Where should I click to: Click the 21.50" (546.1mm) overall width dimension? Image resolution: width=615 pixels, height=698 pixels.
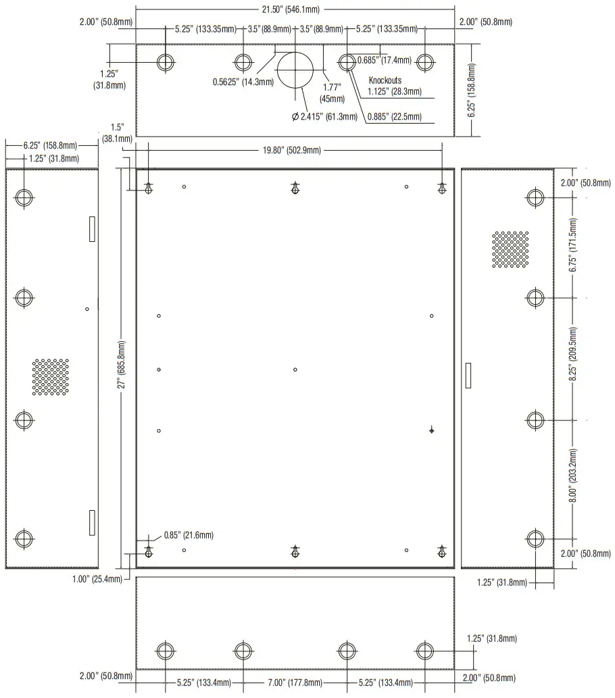point(295,9)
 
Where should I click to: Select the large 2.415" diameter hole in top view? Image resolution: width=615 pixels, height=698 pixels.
point(296,68)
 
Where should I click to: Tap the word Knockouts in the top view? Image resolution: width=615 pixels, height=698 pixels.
point(385,80)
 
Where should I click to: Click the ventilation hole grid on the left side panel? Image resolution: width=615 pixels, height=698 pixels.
point(51,377)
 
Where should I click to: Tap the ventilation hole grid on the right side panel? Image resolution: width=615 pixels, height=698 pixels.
point(510,249)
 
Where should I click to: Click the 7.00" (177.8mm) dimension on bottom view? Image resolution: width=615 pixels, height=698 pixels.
point(295,682)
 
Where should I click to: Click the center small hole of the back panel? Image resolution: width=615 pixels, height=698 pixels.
point(295,370)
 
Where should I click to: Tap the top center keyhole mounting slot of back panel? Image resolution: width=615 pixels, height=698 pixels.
point(295,189)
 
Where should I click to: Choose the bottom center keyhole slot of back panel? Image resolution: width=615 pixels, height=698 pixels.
point(295,551)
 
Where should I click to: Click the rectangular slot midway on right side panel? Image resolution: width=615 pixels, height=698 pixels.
point(468,375)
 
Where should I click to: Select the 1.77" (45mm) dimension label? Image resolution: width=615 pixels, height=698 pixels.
point(332,92)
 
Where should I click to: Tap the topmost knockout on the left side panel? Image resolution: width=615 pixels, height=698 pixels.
point(24,198)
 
